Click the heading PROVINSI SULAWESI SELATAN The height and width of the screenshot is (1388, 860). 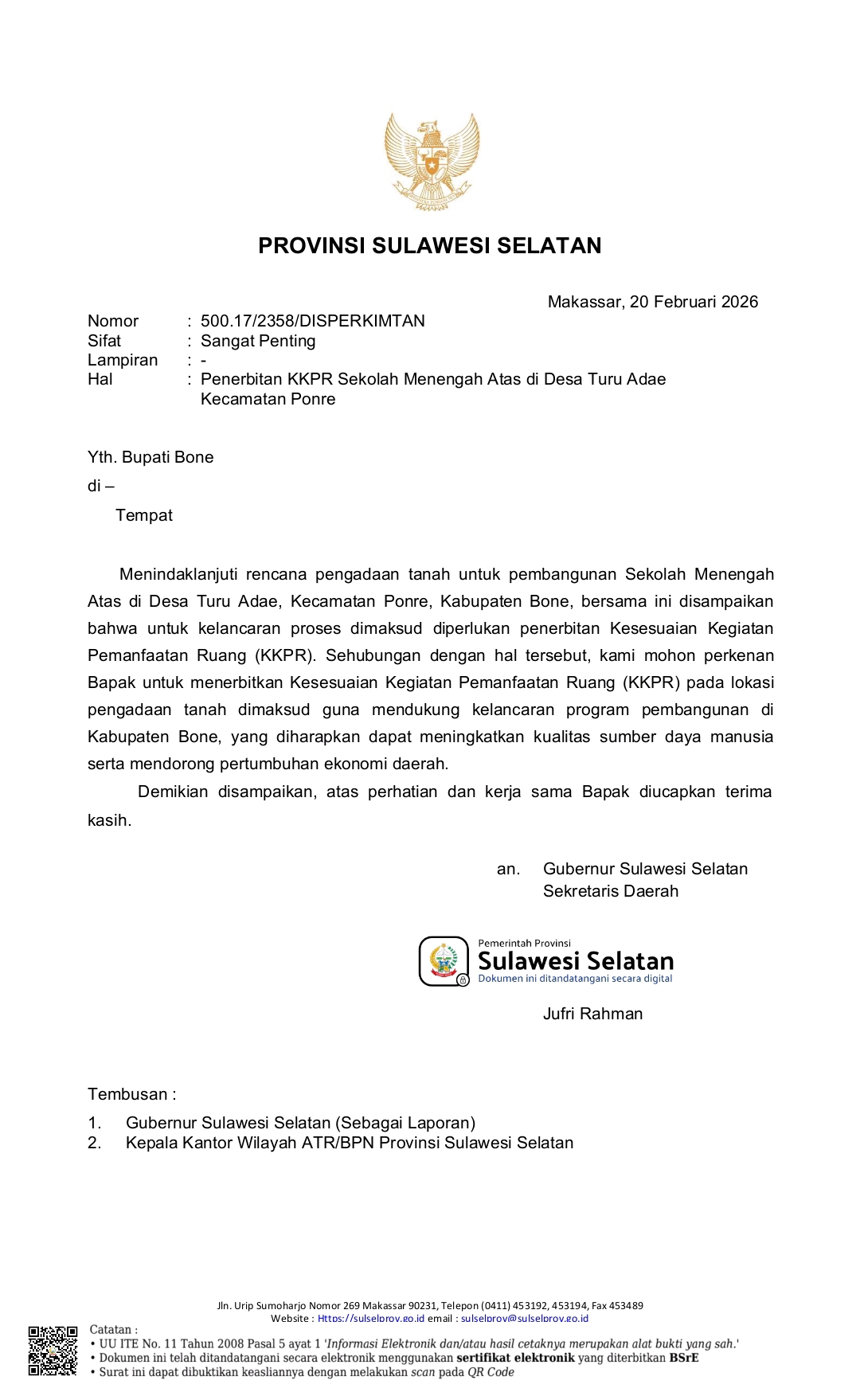[x=430, y=245]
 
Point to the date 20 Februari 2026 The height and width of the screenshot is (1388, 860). [x=694, y=302]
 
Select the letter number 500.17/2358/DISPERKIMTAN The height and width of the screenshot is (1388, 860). [x=312, y=321]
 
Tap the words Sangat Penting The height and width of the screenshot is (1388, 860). [x=258, y=341]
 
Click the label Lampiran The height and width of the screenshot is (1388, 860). [x=123, y=360]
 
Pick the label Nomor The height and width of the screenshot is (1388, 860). [x=113, y=321]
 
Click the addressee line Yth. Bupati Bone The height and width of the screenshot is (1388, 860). [x=150, y=457]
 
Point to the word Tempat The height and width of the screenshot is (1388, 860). [x=144, y=515]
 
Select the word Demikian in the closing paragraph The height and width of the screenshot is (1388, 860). [x=172, y=792]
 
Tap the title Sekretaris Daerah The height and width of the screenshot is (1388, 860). [x=611, y=891]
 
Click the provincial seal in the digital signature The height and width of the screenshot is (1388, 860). [x=444, y=960]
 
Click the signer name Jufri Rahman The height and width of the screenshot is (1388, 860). [x=592, y=1014]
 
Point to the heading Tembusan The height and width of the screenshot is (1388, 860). [x=131, y=1094]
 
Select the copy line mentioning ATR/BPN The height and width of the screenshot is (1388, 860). [x=349, y=1143]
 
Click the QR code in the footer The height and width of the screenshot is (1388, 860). [x=53, y=1351]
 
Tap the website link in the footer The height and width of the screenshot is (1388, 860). [x=371, y=1319]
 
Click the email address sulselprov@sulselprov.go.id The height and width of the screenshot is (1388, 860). [x=525, y=1319]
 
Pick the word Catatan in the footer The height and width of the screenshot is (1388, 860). [x=111, y=1329]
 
